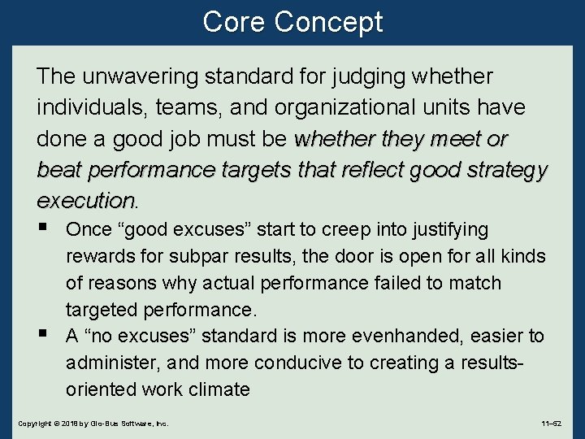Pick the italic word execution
(x=85, y=200)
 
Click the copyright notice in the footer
(x=93, y=424)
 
